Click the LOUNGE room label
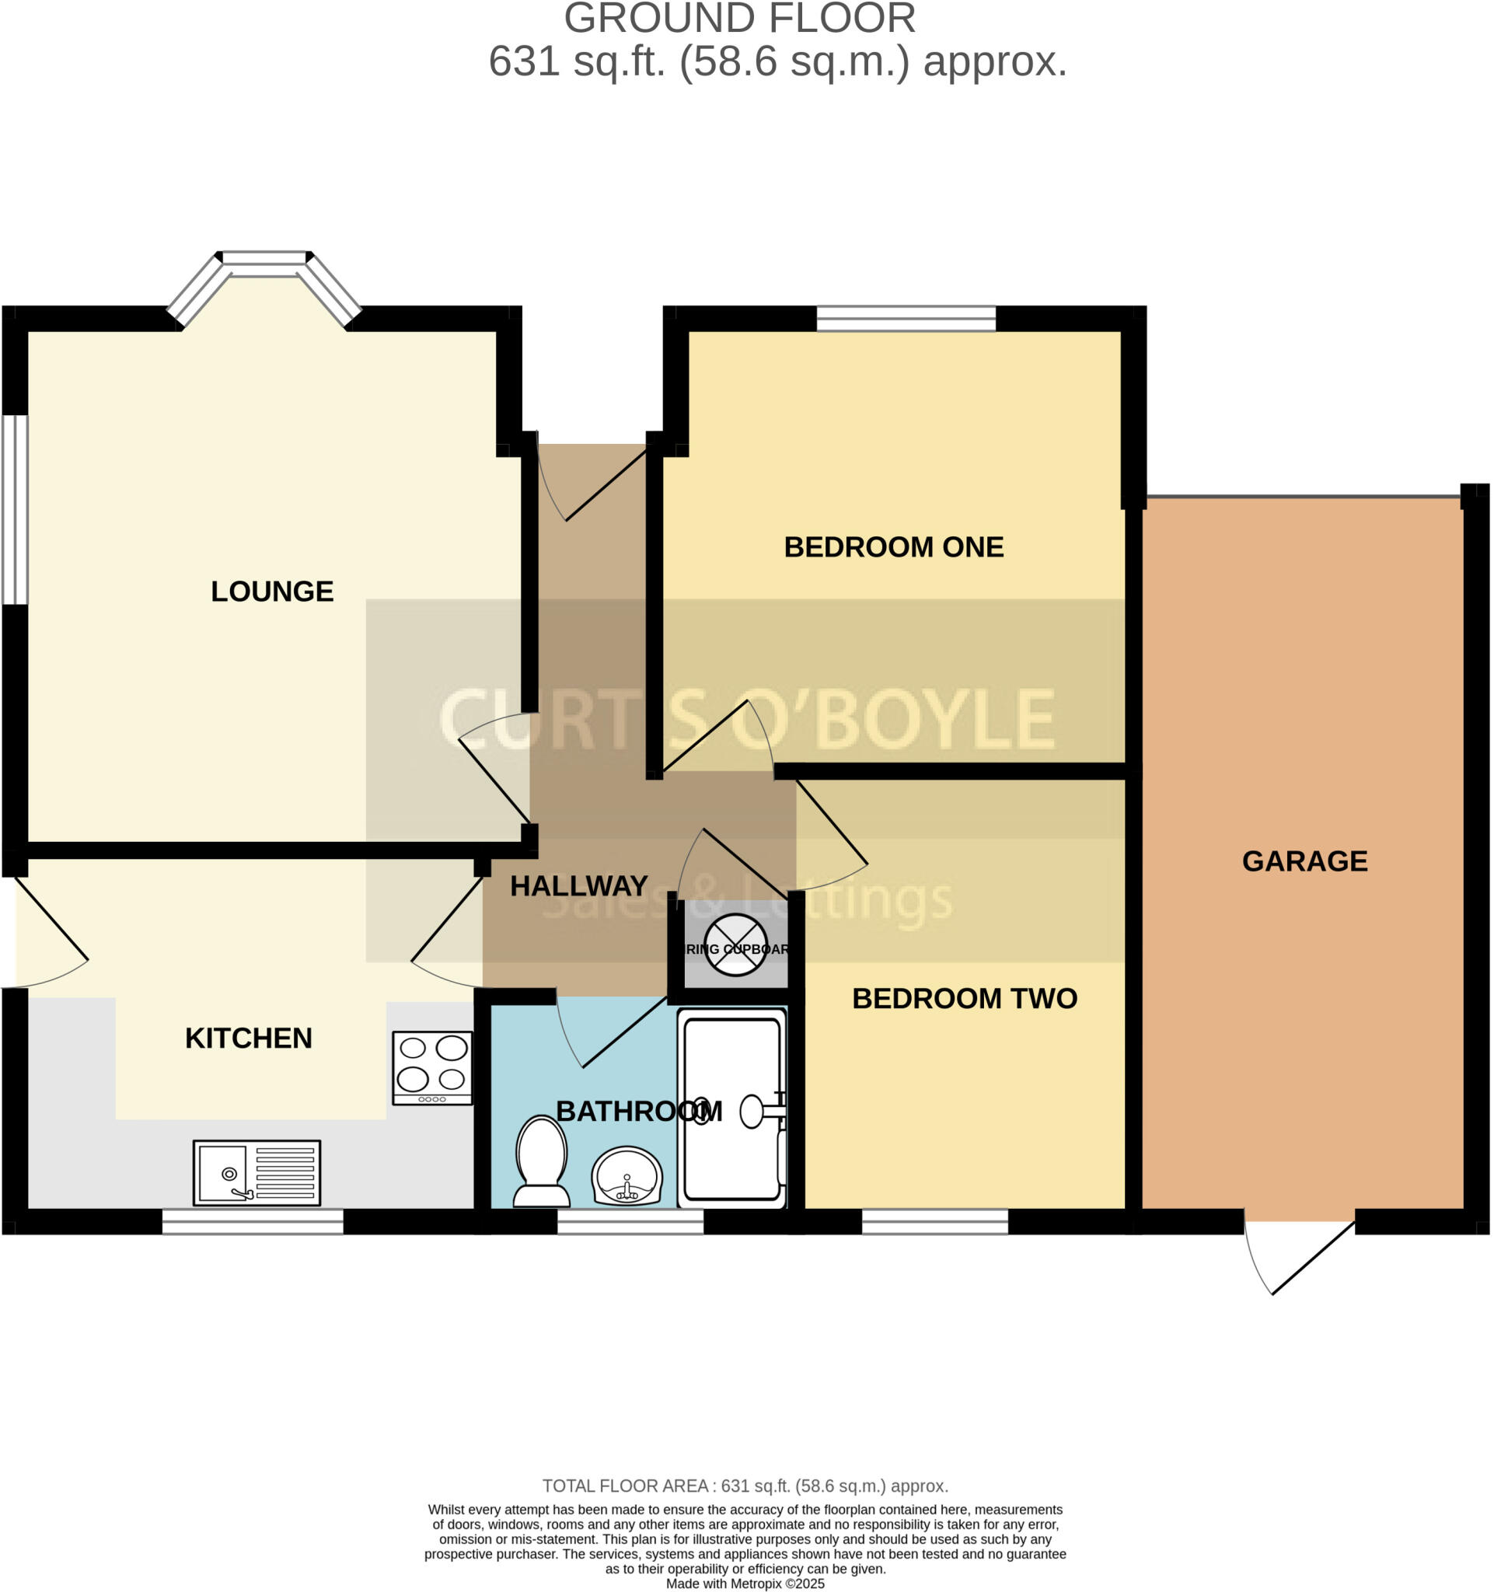tap(272, 592)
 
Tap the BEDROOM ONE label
tap(893, 548)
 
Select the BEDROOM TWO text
tap(965, 999)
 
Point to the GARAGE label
tap(1305, 861)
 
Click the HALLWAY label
tap(579, 886)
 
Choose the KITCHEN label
tap(248, 1039)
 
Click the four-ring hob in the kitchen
tap(432, 1068)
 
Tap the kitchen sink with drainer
tap(257, 1173)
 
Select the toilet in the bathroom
tap(542, 1162)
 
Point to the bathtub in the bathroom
tap(732, 1109)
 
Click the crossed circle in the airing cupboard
tap(736, 946)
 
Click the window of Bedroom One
tap(906, 319)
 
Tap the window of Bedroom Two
tap(934, 1221)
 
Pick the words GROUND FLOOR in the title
tap(740, 19)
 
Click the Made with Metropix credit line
tap(745, 1583)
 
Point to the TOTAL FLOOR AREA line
tap(745, 1486)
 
